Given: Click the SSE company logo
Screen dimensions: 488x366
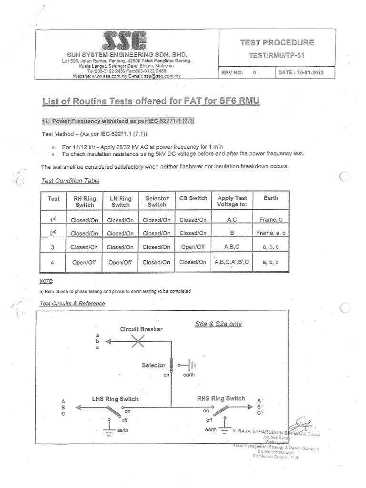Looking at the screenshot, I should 123,41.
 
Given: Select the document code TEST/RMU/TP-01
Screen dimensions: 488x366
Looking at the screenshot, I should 276,55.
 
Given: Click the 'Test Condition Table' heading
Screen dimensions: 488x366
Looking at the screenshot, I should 70,181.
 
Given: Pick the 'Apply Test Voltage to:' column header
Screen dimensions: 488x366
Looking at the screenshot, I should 232,201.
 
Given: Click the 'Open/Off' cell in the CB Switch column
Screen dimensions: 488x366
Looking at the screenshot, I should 193,247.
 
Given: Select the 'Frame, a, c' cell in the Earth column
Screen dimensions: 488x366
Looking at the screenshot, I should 271,233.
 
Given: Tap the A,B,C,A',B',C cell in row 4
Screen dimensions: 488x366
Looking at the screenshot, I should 232,262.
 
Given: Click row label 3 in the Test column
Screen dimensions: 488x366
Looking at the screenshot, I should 53,247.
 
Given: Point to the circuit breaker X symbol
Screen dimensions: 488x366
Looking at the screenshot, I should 138,341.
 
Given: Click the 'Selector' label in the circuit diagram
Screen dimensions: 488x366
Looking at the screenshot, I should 153,366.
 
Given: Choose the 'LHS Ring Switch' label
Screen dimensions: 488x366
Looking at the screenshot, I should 115,399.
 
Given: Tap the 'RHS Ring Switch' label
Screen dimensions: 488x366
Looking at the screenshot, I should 221,398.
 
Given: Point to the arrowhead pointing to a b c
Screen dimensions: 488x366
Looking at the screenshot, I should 108,341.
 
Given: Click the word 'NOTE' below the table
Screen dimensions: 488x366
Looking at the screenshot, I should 47,281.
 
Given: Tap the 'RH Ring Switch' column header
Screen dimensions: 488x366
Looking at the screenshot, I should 84,201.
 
